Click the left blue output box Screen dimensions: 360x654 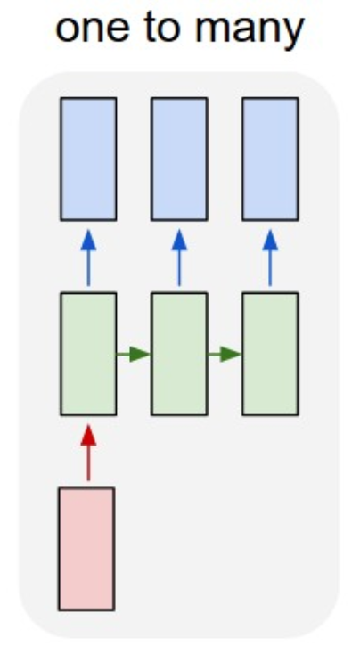pos(88,159)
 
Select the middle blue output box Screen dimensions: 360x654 pos(179,159)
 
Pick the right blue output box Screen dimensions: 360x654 pos(270,159)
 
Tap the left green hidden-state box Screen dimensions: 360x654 pos(88,354)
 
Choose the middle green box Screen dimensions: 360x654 pos(179,354)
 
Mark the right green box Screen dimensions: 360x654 pos(270,354)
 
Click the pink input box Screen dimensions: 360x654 pos(86,549)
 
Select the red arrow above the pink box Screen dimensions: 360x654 pos(88,453)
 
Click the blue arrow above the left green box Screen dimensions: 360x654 pos(88,258)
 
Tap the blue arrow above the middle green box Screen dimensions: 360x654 pos(179,258)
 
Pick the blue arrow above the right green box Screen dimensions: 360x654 pos(270,258)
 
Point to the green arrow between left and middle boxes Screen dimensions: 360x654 pos(134,355)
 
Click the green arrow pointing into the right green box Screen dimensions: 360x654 pos(225,355)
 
